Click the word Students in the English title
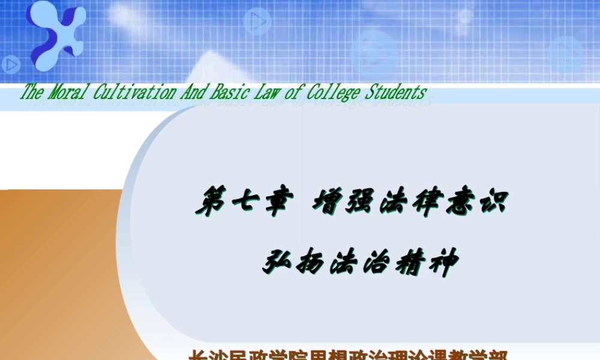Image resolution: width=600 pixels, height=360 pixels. tap(395, 92)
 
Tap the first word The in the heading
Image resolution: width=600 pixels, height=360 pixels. tap(32, 92)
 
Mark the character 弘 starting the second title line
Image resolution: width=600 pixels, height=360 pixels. tap(278, 263)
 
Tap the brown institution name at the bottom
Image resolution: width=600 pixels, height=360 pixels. tap(349, 355)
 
